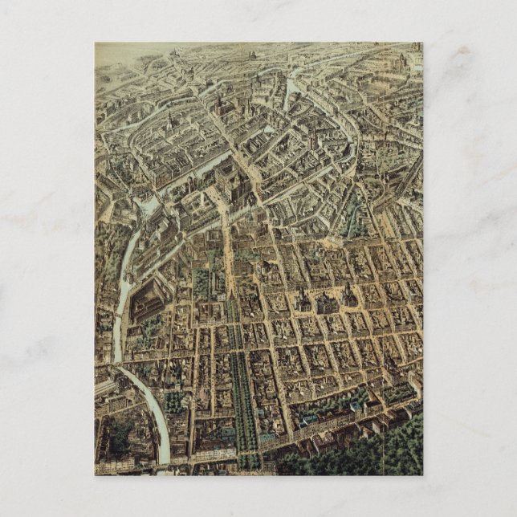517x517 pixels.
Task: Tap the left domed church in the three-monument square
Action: click(x=303, y=301)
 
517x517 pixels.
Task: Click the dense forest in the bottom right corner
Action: click(x=377, y=453)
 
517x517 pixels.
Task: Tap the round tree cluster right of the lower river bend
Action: click(x=174, y=401)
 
